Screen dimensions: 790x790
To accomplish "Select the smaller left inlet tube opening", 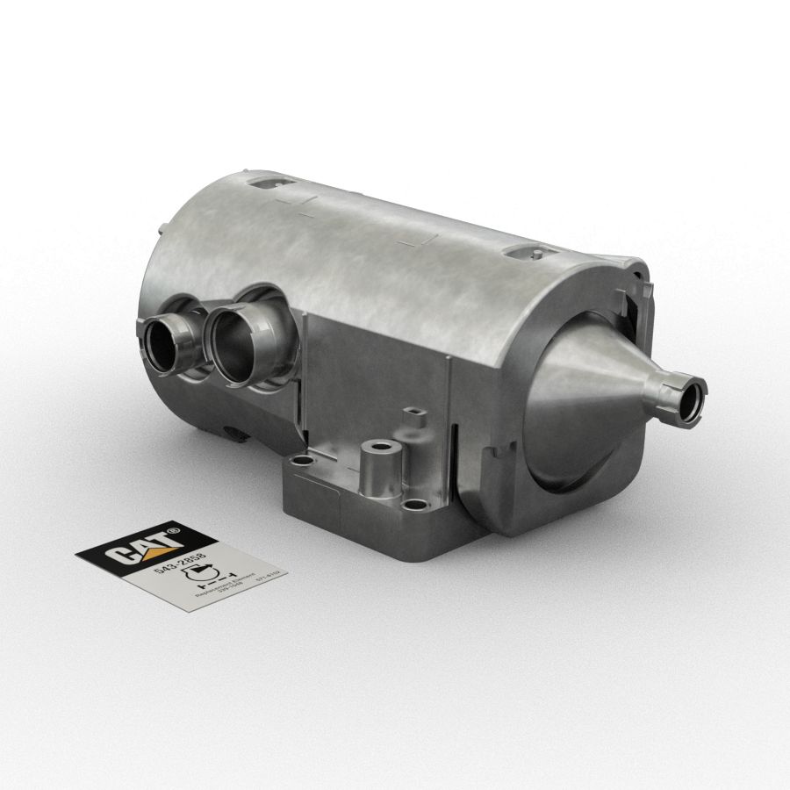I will tap(164, 344).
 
